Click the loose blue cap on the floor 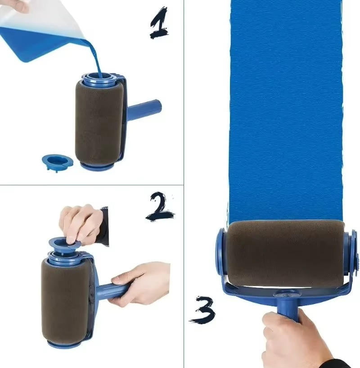click(57, 161)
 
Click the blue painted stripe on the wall click(285, 108)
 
